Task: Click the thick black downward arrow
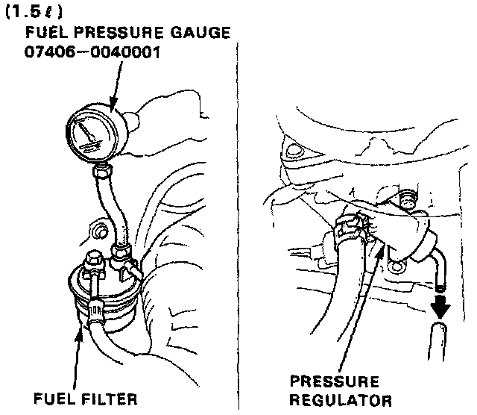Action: pyautogui.click(x=439, y=307)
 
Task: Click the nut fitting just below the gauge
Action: pyautogui.click(x=101, y=175)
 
